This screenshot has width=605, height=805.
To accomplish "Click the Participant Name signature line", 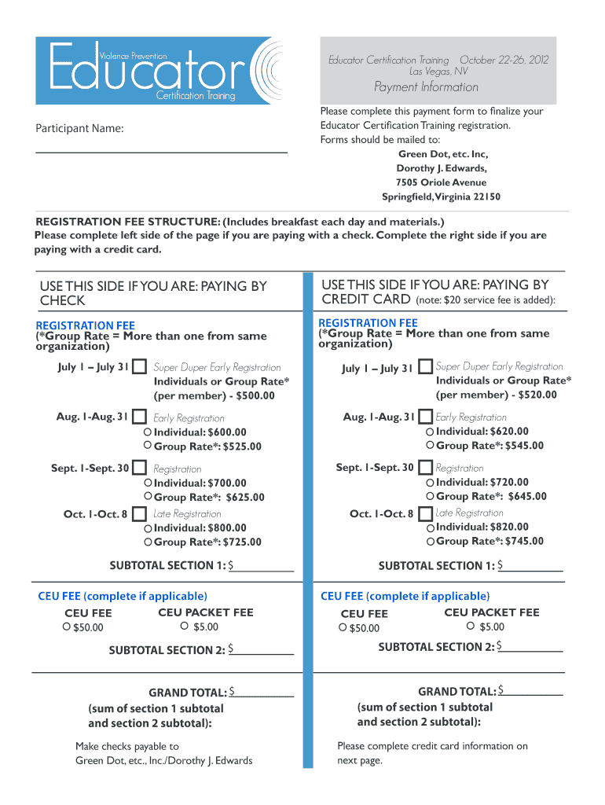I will click(161, 150).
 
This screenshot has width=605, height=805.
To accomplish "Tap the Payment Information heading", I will click(426, 86).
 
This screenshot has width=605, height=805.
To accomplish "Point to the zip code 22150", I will click(486, 197).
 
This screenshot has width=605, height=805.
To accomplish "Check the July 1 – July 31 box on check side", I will click(140, 367).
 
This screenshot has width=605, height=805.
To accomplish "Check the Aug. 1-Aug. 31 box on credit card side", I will click(425, 417).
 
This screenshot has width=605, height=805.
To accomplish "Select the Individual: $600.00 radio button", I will click(148, 432).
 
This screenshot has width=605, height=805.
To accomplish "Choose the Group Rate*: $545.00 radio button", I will click(430, 446).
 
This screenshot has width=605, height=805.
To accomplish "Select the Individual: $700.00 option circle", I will click(148, 483).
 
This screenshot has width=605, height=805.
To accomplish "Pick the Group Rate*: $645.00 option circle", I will click(430, 496).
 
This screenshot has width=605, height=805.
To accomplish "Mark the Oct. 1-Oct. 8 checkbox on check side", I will click(140, 514).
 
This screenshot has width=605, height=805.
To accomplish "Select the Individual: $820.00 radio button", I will click(430, 527).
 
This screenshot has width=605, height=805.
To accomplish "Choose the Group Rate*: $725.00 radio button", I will click(148, 542).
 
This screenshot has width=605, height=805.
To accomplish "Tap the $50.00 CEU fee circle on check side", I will click(67, 627).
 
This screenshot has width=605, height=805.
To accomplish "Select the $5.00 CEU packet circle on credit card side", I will click(471, 626).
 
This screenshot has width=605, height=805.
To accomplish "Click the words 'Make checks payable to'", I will click(127, 746).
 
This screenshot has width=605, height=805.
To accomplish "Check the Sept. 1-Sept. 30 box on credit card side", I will click(425, 468).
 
